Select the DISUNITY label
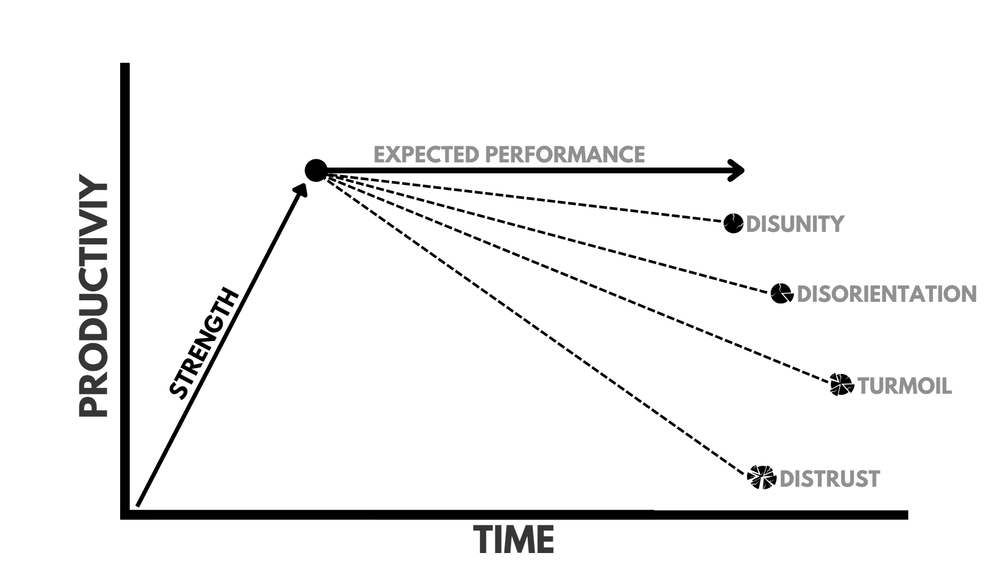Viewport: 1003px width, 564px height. point(795,224)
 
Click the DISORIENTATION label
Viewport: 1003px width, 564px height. point(887,294)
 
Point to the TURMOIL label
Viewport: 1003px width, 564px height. point(905,386)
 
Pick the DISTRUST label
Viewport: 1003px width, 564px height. point(830,479)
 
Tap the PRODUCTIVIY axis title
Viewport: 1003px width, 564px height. point(94,296)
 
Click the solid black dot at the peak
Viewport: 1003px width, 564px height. point(316,171)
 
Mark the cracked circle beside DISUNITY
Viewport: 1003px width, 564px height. point(733,224)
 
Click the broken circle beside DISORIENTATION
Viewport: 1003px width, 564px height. point(782,293)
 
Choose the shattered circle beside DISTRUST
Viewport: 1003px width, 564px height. point(762,477)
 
